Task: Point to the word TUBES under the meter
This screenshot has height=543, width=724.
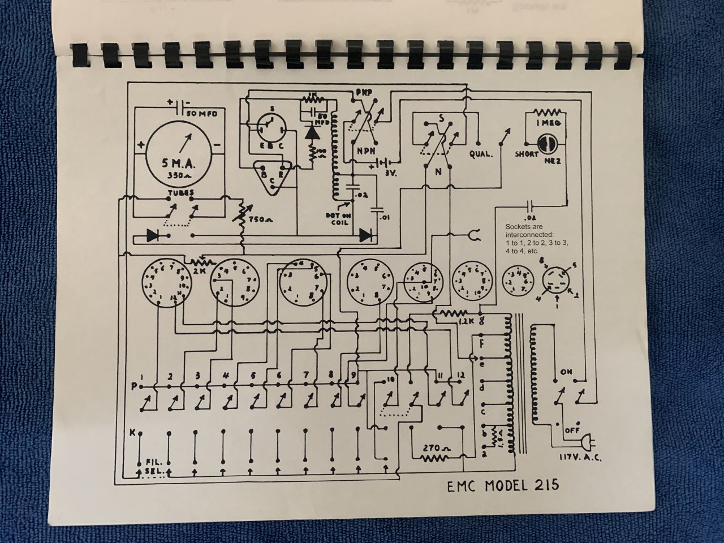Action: pos(180,192)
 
